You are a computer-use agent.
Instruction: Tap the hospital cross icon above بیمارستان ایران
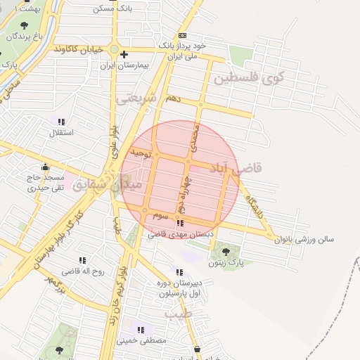[x=124, y=54]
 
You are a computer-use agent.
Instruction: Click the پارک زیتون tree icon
[x=225, y=252]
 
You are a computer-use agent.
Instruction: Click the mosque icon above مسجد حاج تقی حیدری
[x=46, y=167]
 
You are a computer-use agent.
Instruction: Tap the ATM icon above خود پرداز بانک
[x=183, y=34]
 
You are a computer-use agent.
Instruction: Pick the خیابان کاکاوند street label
[x=79, y=49]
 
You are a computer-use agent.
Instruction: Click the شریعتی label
[x=135, y=98]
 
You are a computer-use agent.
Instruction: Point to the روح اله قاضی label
[x=82, y=270]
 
